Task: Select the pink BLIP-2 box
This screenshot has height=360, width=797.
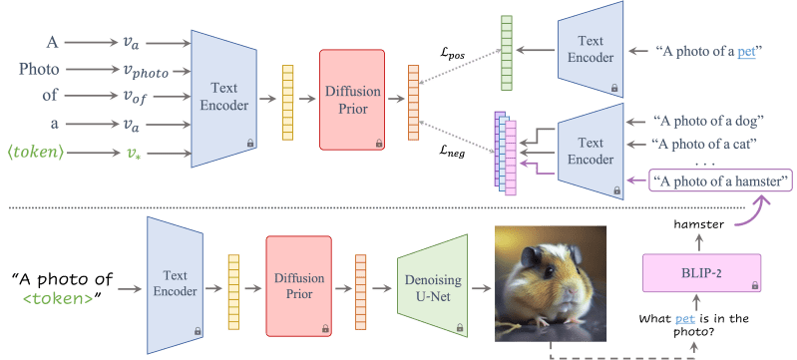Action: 702,272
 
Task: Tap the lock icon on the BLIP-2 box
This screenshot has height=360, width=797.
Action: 753,285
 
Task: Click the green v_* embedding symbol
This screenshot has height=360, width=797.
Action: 135,155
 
